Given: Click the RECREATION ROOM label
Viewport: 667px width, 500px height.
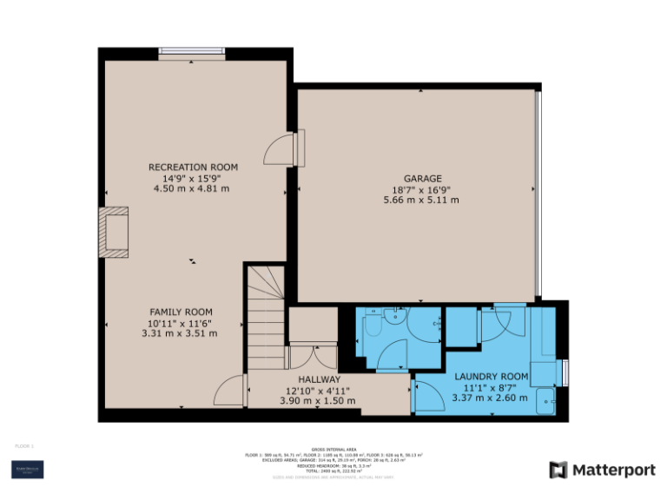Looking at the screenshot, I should click(193, 167).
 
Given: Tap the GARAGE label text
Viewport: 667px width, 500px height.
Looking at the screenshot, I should click(421, 178).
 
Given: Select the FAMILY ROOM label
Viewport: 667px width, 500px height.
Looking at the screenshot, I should click(181, 312).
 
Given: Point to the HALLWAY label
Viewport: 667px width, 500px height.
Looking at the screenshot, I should click(319, 379).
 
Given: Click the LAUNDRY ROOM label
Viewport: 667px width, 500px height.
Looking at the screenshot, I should click(491, 376).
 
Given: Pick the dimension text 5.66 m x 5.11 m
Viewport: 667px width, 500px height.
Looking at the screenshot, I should click(421, 200).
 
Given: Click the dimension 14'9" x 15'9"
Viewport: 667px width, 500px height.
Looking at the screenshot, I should click(193, 178).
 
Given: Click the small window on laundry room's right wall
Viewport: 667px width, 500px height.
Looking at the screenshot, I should click(565, 372).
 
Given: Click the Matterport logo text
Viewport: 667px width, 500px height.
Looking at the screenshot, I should click(612, 470).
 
